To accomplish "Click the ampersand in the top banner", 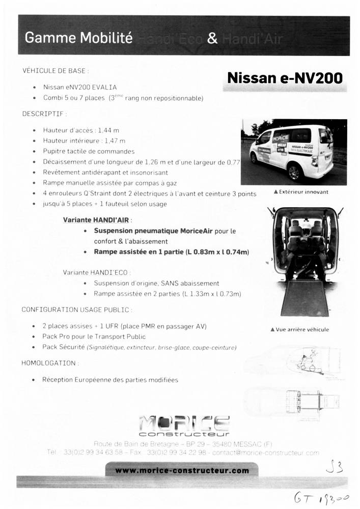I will pos(213,39).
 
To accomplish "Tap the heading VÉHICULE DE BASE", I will pos(56,71).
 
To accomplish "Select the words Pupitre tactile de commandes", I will pos(89,151).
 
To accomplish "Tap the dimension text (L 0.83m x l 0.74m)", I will pos(217,251).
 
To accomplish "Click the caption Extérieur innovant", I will pos(301,192).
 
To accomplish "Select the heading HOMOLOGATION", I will pos(50,363).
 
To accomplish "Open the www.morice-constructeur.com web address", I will pos(182,470).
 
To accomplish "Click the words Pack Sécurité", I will pos(64,347).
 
